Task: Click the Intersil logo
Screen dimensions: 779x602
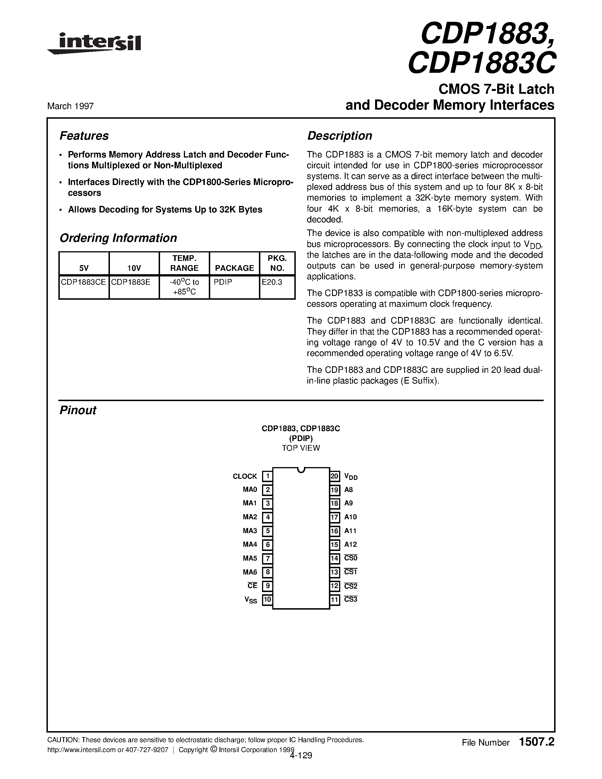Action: [x=95, y=44]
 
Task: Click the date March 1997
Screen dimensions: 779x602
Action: [x=70, y=106]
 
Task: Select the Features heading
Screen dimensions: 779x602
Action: [x=84, y=136]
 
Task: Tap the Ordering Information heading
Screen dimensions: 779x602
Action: [x=118, y=238]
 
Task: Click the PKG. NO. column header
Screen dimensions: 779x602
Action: [x=277, y=263]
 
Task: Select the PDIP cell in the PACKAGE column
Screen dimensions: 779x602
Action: [x=223, y=282]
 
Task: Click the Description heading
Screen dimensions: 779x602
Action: [x=339, y=136]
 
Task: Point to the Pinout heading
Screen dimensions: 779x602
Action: [x=78, y=410]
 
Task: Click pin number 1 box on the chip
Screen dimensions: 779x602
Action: [x=267, y=476]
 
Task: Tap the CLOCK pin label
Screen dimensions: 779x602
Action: [x=245, y=476]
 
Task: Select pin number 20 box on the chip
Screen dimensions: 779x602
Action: [x=335, y=476]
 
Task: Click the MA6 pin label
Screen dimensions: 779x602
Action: [x=250, y=572]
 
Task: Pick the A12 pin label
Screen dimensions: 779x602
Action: [x=350, y=545]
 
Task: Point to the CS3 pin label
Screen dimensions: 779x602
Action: [x=350, y=600]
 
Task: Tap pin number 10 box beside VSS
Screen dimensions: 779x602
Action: [x=267, y=600]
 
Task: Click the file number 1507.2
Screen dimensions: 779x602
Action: [x=537, y=742]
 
